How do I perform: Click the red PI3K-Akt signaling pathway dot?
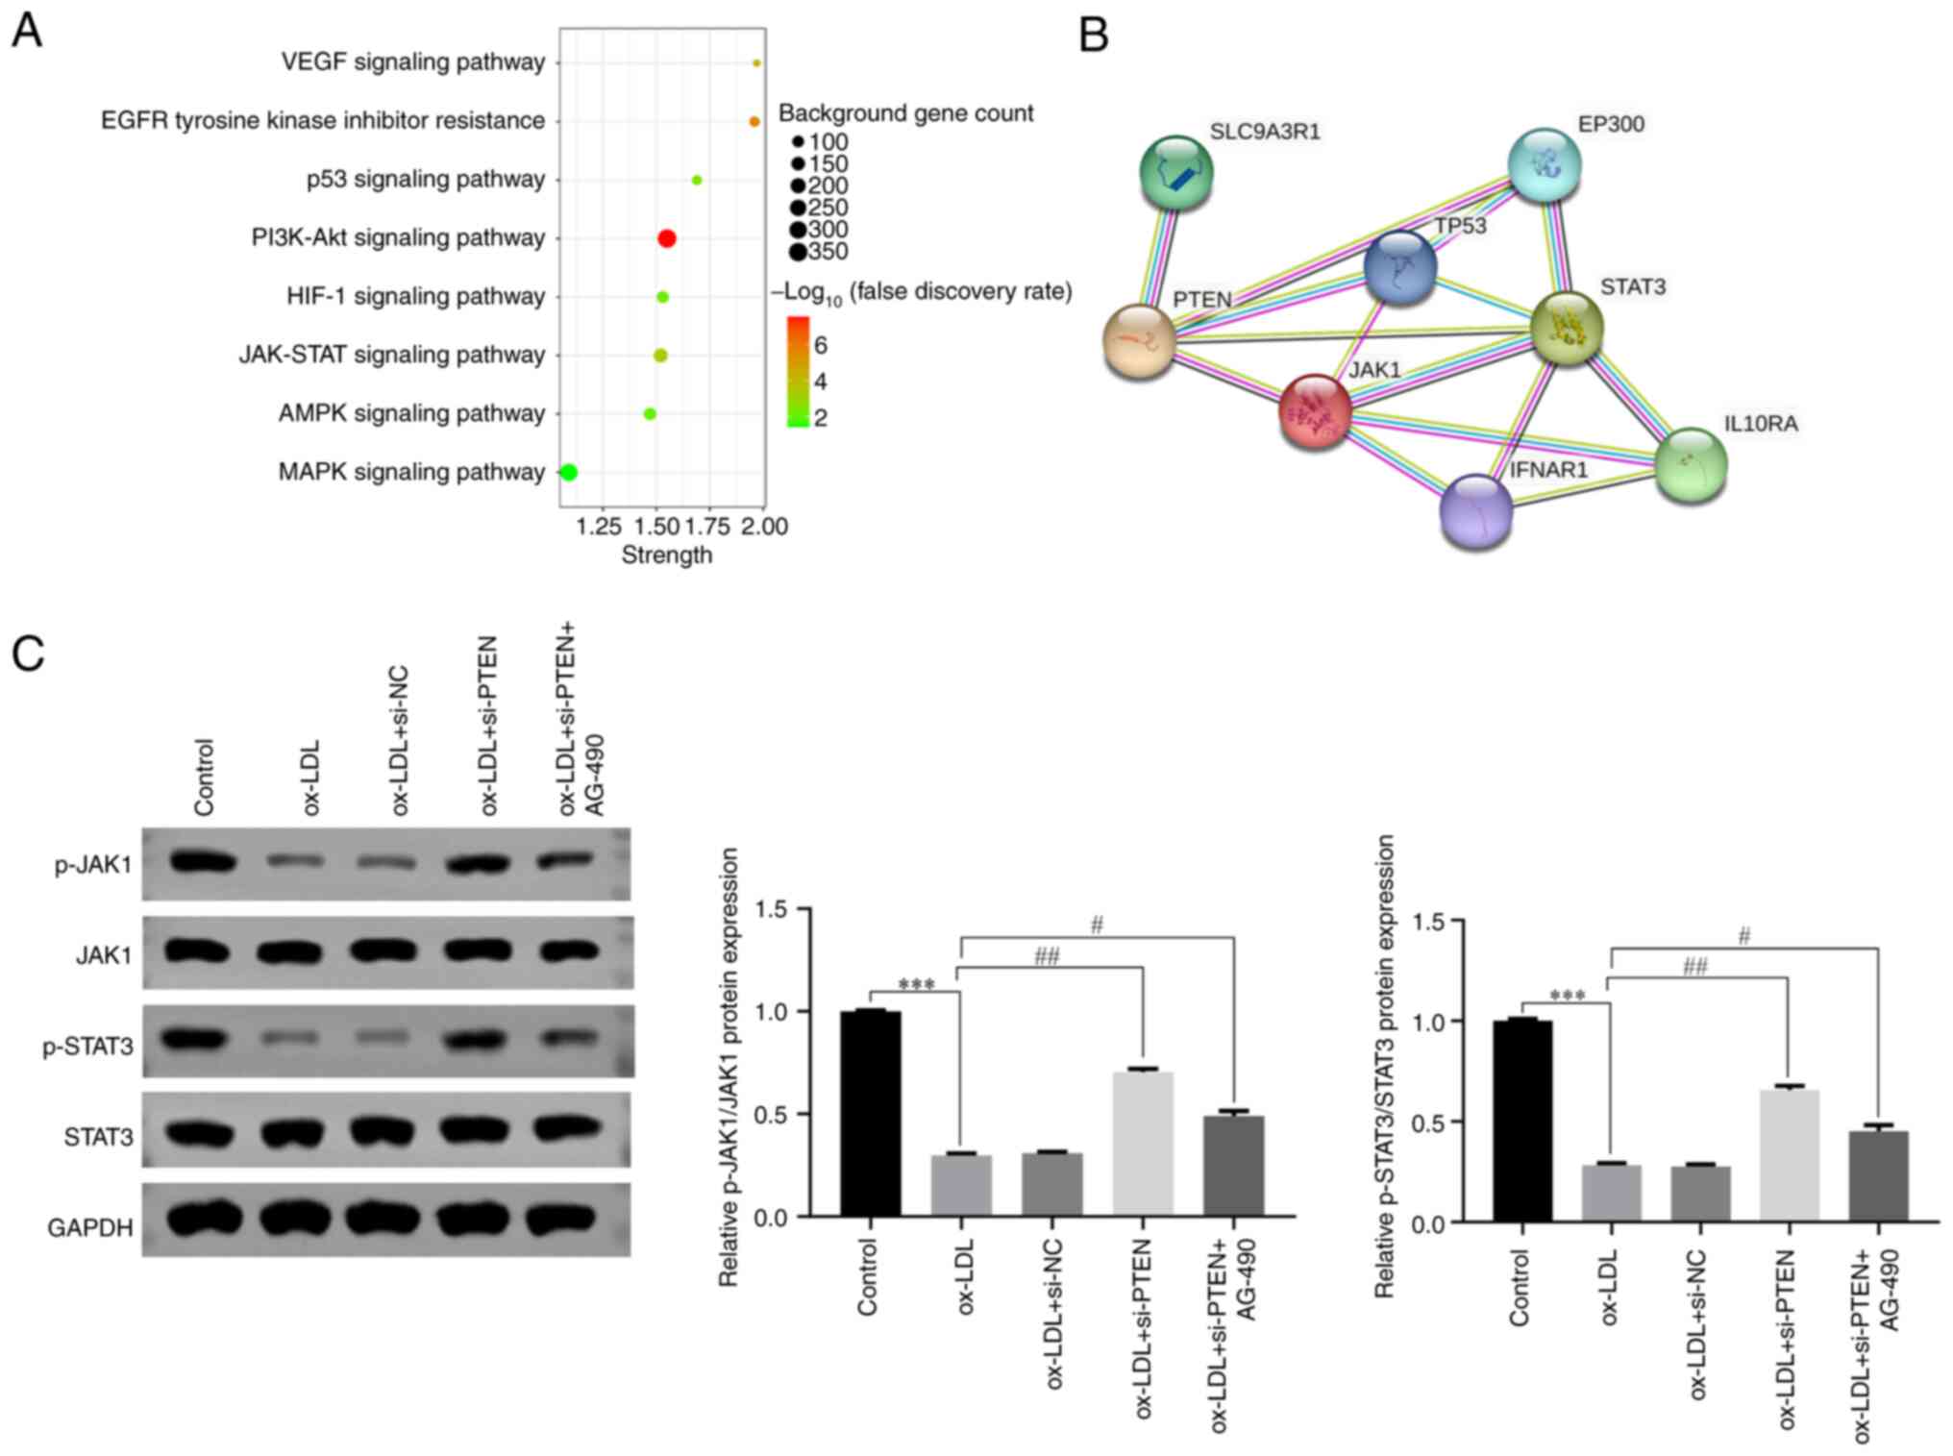point(666,238)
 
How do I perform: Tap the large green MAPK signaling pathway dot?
point(568,472)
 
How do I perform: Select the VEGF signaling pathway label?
point(413,62)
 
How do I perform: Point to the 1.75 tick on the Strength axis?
point(708,526)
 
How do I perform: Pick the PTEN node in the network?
point(1140,341)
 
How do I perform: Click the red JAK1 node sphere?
point(1315,411)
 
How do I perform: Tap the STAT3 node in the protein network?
point(1566,329)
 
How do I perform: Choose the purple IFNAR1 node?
point(1476,511)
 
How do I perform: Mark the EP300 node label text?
point(1611,124)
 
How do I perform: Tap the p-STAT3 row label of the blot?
point(88,1046)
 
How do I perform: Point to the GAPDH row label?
point(90,1227)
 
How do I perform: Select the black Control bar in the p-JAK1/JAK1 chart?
point(870,1114)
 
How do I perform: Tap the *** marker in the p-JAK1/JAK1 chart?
point(915,985)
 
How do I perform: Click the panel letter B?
point(1094,37)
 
